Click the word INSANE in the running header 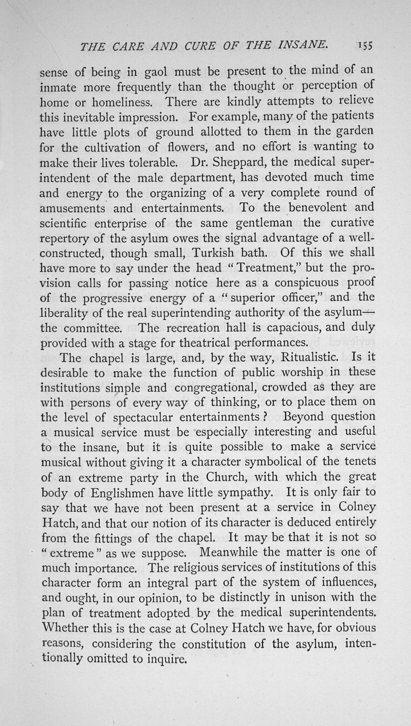(x=297, y=47)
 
